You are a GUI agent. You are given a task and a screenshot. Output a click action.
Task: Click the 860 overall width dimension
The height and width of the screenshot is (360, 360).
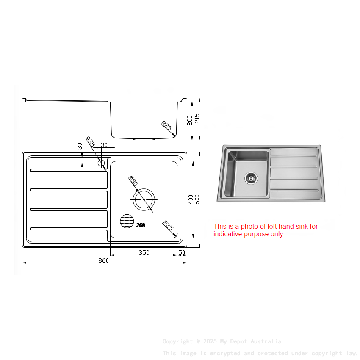coord(104,260)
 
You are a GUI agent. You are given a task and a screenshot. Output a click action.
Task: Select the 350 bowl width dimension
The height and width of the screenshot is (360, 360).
coord(144,252)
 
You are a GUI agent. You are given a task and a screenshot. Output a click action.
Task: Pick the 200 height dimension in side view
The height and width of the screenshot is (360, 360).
coord(190,120)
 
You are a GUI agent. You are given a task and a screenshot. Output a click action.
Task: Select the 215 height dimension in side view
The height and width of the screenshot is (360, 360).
coord(197,119)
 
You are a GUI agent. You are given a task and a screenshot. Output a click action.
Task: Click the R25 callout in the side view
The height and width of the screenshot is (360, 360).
coord(166,126)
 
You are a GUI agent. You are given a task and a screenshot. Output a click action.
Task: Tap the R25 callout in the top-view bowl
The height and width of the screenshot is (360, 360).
coord(168,225)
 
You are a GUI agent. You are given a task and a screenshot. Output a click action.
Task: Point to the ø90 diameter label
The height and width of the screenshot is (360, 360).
coord(133,181)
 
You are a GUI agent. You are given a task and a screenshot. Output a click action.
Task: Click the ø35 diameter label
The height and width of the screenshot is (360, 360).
coord(90,141)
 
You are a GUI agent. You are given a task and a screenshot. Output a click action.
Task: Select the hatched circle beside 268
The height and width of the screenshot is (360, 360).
coord(127,221)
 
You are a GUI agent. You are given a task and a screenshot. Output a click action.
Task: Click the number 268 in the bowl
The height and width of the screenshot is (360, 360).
coord(141,225)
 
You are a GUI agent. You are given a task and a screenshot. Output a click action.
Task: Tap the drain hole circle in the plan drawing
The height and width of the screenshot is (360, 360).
coord(144,199)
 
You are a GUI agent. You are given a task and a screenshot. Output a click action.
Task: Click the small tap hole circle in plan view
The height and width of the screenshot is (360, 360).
coord(101,163)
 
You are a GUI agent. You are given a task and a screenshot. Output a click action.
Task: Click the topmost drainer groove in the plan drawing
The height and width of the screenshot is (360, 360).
coord(68,171)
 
